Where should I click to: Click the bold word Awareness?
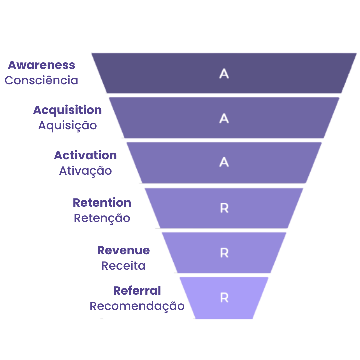point(42,65)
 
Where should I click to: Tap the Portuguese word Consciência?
point(41,80)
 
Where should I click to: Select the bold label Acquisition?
point(67,110)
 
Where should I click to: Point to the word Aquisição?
point(67,126)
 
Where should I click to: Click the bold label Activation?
point(85,155)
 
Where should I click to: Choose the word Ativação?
point(85,171)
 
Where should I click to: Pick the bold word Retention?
point(102,203)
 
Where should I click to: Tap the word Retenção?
point(102,218)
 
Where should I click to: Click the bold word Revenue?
point(123,250)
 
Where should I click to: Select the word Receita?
point(123,266)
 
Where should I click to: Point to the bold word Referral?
point(137,291)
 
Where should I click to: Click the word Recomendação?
point(137,306)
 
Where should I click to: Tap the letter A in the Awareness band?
point(224,74)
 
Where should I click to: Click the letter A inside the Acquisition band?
point(224,118)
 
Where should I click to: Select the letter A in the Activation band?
point(224,162)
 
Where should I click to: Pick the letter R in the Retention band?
point(224,208)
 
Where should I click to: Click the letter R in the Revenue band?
point(224,253)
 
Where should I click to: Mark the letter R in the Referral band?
point(224,298)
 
